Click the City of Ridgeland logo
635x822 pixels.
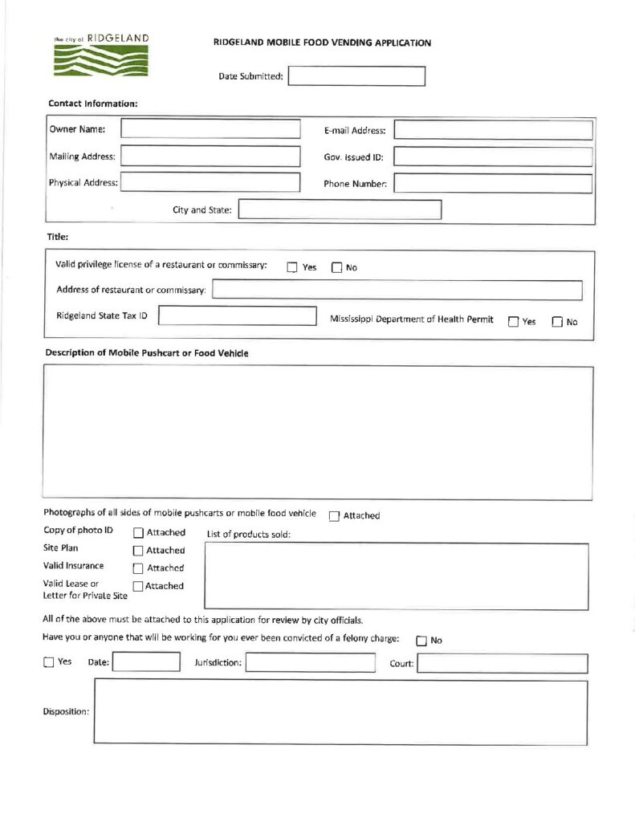101,55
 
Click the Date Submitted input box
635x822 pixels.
356,76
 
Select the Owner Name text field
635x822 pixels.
210,129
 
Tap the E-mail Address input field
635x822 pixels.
493,130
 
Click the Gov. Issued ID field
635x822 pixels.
493,157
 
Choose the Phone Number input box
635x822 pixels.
493,184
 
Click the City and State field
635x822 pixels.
340,210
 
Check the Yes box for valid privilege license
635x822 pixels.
293,268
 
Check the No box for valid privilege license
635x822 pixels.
337,268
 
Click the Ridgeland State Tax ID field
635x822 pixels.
238,315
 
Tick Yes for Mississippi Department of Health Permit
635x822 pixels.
514,322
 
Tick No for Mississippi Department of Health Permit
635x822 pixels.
558,322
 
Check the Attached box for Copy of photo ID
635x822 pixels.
138,533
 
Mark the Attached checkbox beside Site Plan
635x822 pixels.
138,551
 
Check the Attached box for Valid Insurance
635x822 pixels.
138,568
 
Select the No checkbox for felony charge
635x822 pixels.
422,641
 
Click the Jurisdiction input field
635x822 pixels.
310,663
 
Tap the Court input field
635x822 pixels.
503,664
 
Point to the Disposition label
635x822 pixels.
66,711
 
